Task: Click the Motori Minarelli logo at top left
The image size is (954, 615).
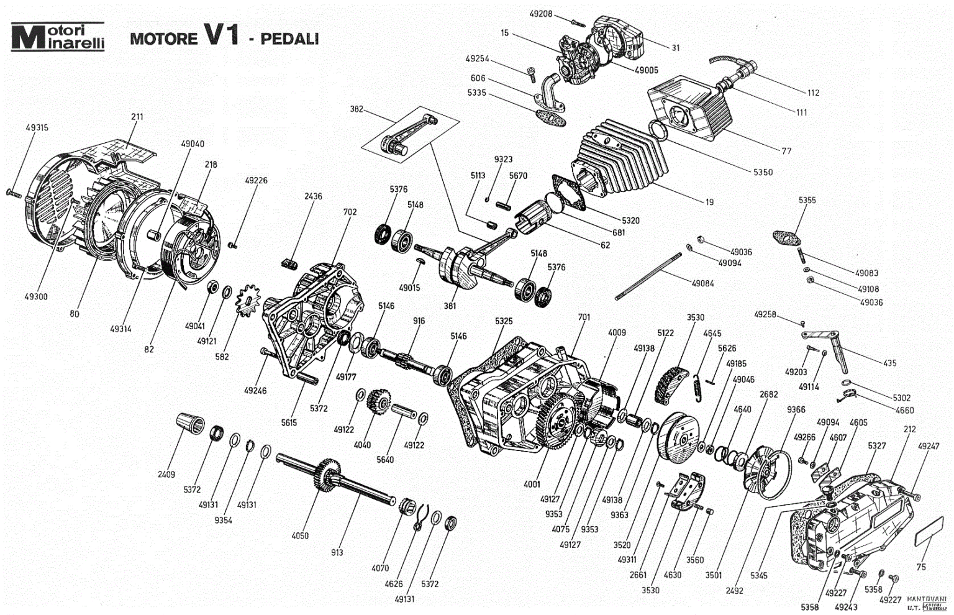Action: point(58,37)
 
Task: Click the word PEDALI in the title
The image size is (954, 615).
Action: point(289,39)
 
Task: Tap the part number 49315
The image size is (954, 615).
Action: point(37,127)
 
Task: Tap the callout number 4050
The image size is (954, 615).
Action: point(299,535)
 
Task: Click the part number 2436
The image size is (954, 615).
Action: point(313,196)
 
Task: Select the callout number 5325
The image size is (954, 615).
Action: point(504,321)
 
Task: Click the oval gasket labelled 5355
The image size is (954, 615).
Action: point(787,237)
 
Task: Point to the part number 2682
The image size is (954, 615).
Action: point(768,394)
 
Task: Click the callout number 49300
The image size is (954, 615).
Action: point(36,297)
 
